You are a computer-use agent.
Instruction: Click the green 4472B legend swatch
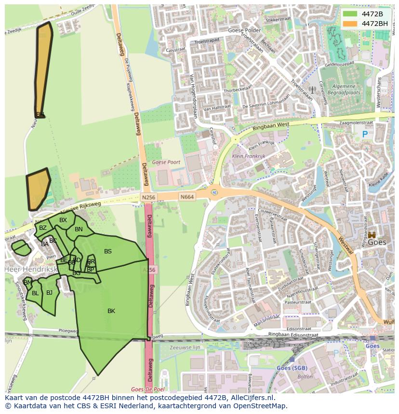coord(350,14)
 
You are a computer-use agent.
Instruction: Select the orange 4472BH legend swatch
coord(350,24)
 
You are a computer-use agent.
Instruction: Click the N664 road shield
coord(187,197)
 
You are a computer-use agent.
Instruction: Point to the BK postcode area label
coord(111,311)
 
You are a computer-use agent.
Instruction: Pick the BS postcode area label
coord(108,251)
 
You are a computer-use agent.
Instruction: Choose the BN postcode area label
coord(79,229)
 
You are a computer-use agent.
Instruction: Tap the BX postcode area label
coord(63,220)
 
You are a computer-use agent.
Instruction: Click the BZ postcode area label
coord(43,228)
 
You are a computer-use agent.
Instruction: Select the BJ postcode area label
coord(49,292)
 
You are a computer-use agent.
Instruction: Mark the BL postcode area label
coord(35,293)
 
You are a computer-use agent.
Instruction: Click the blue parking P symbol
coord(365,135)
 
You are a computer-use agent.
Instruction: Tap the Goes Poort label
coord(166,163)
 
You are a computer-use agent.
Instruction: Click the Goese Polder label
coord(244,30)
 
